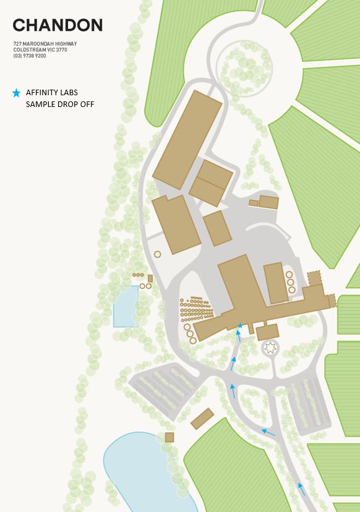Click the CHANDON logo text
pos(58,25)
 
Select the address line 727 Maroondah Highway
pos(45,44)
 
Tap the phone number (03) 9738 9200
pos(30,56)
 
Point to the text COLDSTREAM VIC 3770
pos(40,49)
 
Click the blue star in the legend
pos(16,93)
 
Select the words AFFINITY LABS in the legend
pos(52,93)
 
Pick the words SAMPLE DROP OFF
pos(60,104)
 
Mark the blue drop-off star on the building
pos(241,325)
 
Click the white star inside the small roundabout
pos(270,349)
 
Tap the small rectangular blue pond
pos(126,306)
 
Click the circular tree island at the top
pos(246,65)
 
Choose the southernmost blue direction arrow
pos(301,489)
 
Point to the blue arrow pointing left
pos(268,432)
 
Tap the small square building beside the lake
pos(169,437)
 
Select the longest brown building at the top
pos(187,140)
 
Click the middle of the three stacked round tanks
pos(291,282)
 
